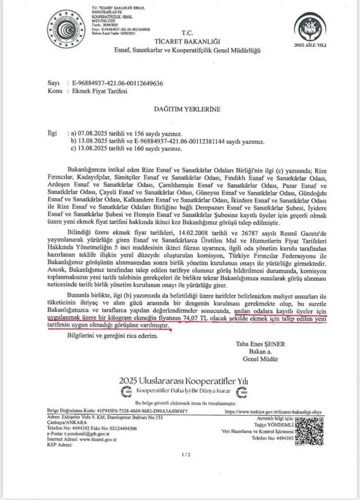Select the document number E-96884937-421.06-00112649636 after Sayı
point(114,84)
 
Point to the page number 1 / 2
point(186,455)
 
